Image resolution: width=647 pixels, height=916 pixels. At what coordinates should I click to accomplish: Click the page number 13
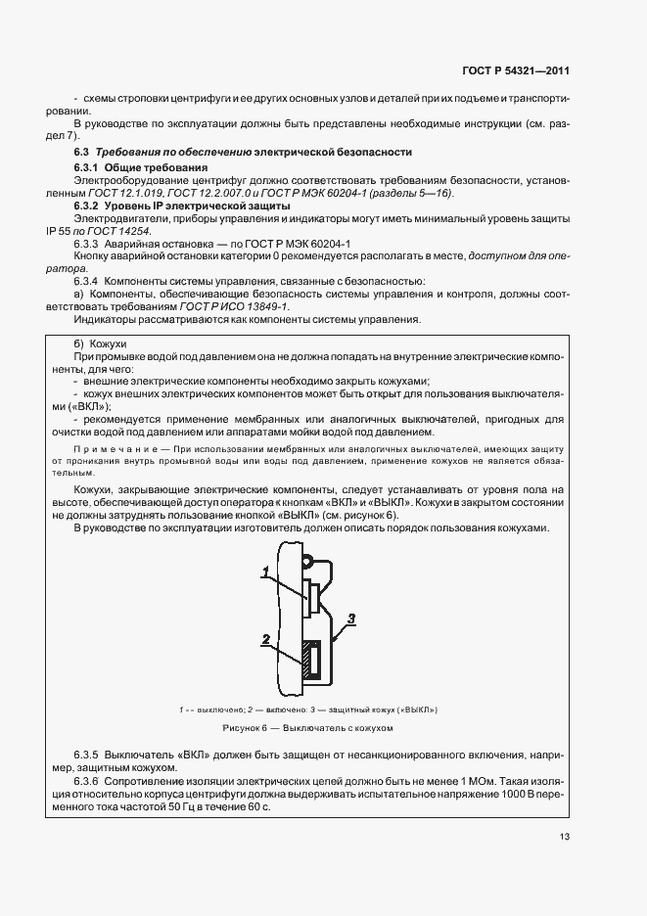click(x=565, y=837)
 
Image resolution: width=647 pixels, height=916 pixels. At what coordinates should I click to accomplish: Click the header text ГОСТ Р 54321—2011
click(x=516, y=71)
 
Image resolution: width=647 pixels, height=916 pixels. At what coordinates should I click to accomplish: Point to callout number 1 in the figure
click(x=264, y=570)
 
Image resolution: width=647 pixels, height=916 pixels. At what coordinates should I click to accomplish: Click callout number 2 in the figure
click(x=264, y=639)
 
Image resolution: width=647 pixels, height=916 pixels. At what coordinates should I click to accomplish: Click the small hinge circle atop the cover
click(x=306, y=561)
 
